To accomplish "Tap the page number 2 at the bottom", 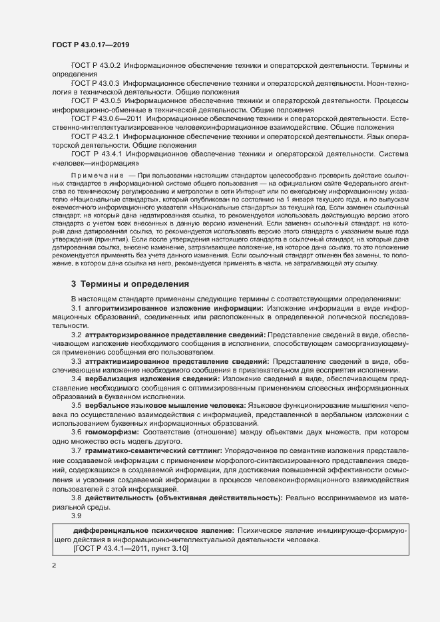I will (54, 565).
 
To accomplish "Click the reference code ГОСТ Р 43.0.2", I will (95, 67).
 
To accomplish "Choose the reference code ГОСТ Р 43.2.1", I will (95, 136).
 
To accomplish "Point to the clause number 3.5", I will (76, 405).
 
